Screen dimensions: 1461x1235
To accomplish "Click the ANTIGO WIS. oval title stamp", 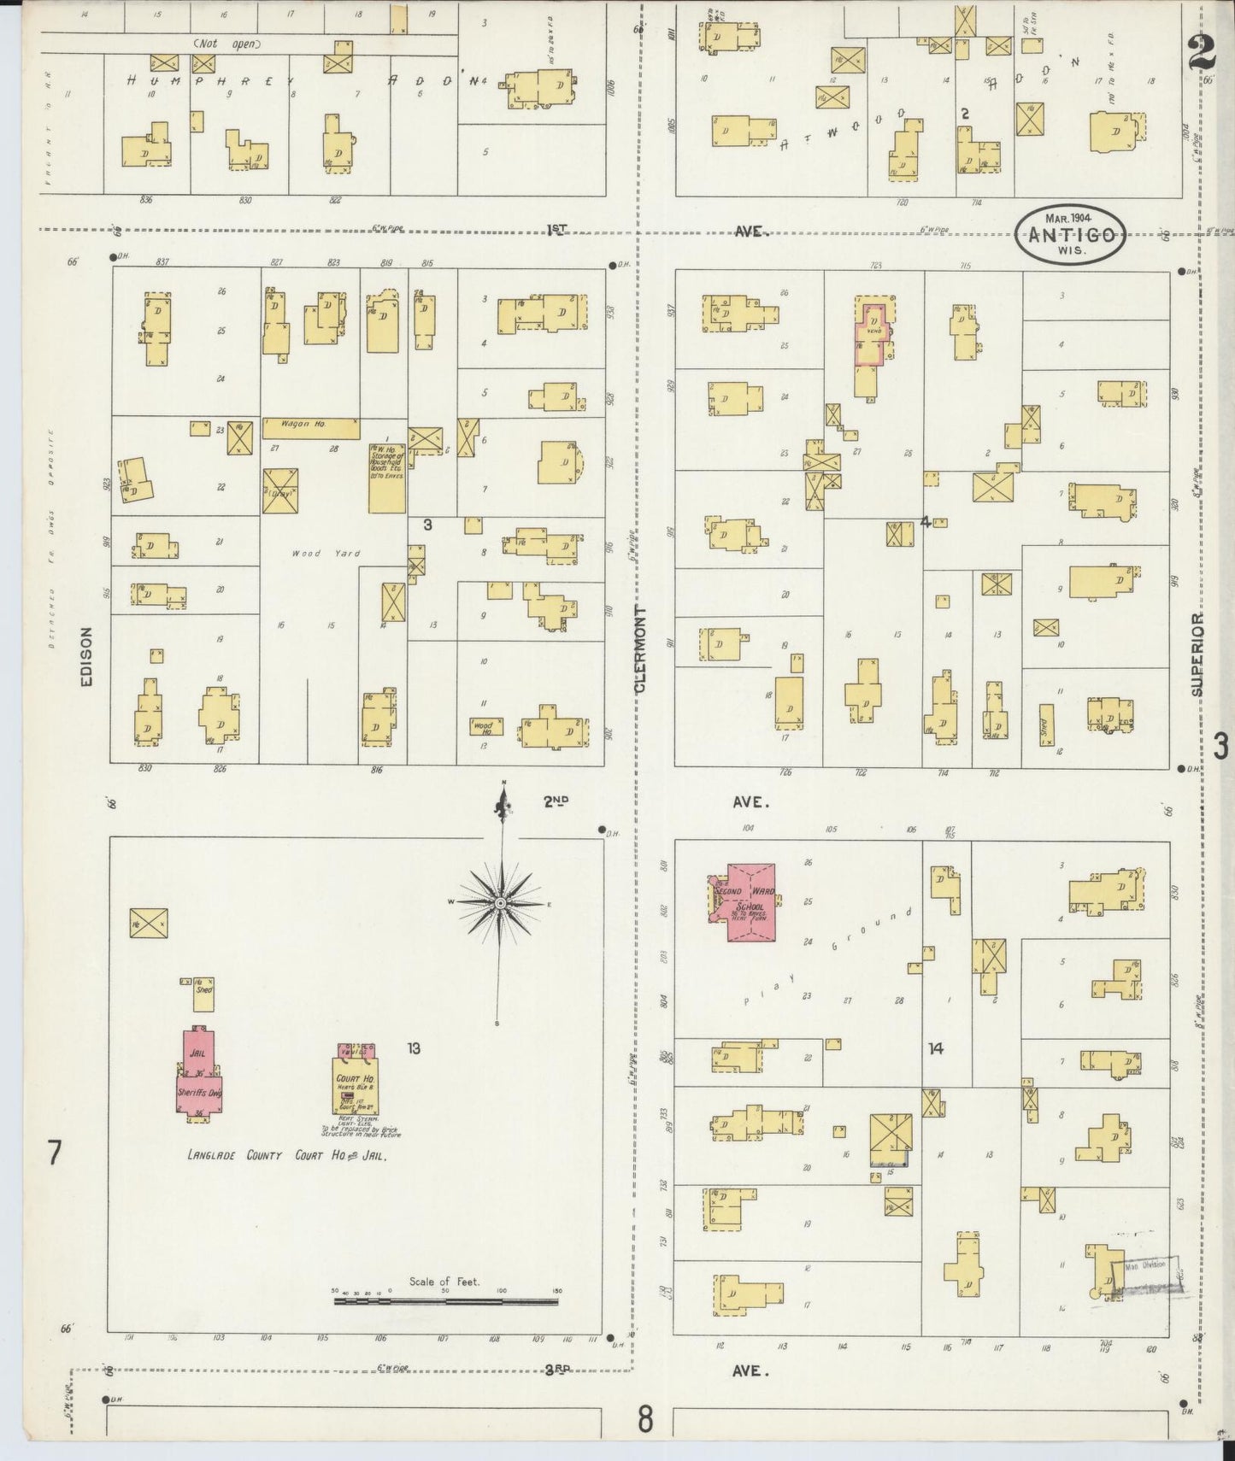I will pyautogui.click(x=1070, y=233).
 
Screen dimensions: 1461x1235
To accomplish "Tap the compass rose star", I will pyautogui.click(x=501, y=902).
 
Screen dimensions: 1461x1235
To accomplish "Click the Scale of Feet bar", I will pyautogui.click(x=445, y=1300).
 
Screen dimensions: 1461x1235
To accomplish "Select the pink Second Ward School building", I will pyautogui.click(x=748, y=901).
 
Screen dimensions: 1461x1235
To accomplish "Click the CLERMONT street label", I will pyautogui.click(x=640, y=649).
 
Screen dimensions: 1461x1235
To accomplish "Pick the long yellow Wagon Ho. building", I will pyautogui.click(x=311, y=425).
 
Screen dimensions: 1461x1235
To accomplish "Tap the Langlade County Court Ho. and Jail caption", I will pyautogui.click(x=288, y=1155).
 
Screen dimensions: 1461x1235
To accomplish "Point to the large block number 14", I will pyautogui.click(x=936, y=1048).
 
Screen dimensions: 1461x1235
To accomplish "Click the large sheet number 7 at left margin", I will pyautogui.click(x=55, y=1153).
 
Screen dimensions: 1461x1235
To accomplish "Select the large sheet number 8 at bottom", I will pyautogui.click(x=644, y=1420).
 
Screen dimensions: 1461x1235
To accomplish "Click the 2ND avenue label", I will pyautogui.click(x=556, y=801).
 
